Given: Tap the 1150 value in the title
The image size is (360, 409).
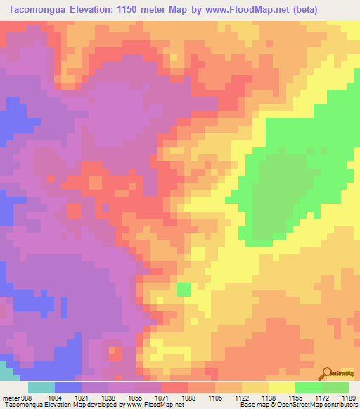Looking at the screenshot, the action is click(129, 10).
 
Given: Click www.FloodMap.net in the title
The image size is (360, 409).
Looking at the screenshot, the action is click(238, 10).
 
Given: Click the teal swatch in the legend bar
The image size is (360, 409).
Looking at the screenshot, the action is click(41, 387).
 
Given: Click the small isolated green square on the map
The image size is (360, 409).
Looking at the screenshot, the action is click(184, 289).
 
